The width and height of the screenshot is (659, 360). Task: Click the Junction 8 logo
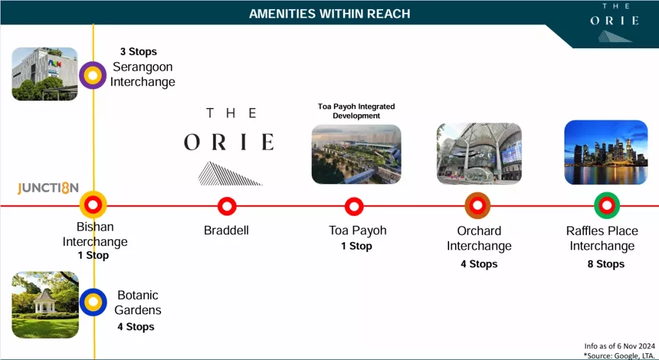48,188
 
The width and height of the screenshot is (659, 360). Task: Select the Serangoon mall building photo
45,74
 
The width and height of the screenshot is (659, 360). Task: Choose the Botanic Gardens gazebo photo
45,305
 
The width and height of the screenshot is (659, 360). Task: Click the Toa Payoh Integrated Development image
356,154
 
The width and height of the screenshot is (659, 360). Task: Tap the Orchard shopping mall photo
479,154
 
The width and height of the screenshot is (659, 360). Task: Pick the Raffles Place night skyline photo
606,153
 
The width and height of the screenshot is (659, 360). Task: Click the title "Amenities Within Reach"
329,14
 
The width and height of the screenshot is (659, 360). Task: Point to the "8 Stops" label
606,264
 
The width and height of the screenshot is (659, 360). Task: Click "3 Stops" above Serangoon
139,52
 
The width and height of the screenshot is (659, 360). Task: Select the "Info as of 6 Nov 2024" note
619,346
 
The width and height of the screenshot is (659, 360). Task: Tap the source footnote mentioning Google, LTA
619,356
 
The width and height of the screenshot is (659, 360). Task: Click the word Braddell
226,230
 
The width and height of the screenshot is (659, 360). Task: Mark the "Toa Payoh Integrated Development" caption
356,111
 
